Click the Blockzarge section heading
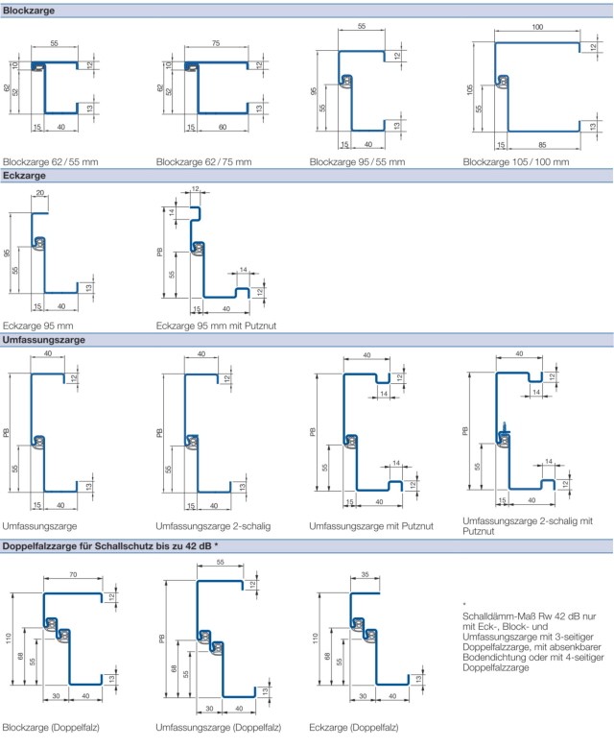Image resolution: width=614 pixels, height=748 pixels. [29, 11]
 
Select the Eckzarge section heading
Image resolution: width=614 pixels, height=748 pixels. [24, 176]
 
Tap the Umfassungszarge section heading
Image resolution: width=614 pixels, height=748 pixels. [44, 340]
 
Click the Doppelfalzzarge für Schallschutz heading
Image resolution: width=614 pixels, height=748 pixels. [110, 545]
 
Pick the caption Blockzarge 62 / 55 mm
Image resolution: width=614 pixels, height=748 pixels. [51, 161]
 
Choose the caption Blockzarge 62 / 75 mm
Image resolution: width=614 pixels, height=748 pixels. [204, 161]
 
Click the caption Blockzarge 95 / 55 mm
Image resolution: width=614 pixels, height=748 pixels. [358, 161]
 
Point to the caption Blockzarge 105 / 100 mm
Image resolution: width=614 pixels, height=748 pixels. [516, 161]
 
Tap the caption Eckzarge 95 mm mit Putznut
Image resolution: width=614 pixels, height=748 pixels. [217, 326]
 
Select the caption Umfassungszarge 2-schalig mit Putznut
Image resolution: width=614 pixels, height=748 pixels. [528, 525]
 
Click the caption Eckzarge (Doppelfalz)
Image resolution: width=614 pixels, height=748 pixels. [354, 728]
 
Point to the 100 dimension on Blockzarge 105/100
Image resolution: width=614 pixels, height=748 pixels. [537, 27]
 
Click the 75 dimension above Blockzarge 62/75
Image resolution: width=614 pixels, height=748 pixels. [216, 43]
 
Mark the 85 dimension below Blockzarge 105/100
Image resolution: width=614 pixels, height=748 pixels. [542, 145]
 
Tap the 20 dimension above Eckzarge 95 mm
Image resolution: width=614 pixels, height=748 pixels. [39, 193]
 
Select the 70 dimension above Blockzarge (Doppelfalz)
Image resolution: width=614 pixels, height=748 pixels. [73, 574]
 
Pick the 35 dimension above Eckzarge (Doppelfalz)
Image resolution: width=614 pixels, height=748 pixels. [366, 574]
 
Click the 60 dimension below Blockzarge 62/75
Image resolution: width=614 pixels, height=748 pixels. [223, 127]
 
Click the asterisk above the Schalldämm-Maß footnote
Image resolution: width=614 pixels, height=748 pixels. [464, 605]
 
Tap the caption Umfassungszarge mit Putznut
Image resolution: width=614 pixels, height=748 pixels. [371, 526]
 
